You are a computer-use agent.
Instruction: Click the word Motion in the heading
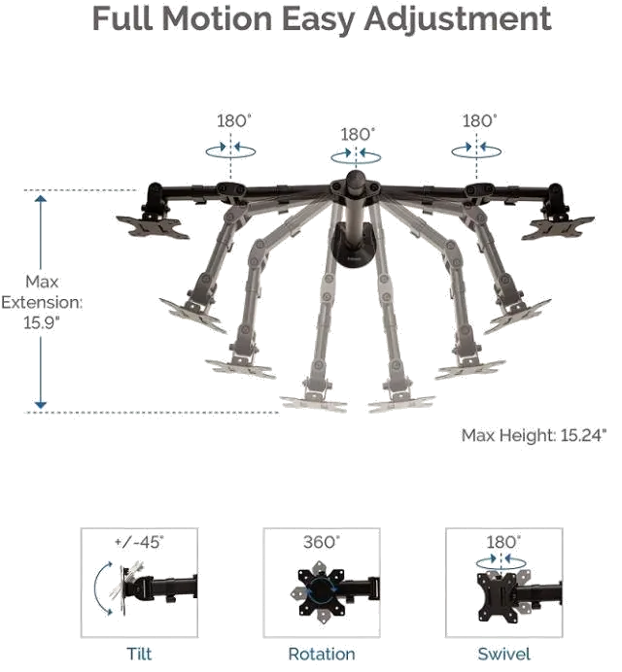(x=217, y=18)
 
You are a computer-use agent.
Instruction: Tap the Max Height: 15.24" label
(x=535, y=435)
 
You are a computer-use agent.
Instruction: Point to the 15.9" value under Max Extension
(x=42, y=322)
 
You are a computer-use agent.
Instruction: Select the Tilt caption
(x=139, y=654)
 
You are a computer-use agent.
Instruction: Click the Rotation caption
(x=322, y=654)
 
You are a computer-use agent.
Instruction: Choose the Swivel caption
(x=504, y=654)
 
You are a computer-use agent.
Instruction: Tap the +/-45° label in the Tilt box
(x=139, y=542)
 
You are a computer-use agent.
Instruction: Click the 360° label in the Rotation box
(x=322, y=542)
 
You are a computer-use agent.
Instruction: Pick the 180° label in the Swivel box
(x=503, y=542)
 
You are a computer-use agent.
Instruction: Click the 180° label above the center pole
(x=358, y=135)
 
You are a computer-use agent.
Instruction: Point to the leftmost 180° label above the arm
(x=234, y=120)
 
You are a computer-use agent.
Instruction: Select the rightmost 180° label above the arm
(x=479, y=120)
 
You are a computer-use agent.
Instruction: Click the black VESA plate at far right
(x=558, y=227)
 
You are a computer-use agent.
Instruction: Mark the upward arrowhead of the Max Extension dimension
(x=41, y=199)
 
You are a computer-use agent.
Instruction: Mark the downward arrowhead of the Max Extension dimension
(x=41, y=404)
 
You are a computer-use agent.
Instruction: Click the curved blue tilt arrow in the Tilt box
(x=101, y=588)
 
